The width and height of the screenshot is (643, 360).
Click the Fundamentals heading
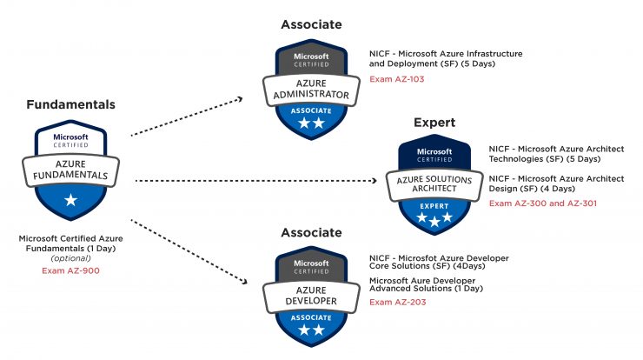click(70, 104)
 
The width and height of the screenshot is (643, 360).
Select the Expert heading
click(434, 123)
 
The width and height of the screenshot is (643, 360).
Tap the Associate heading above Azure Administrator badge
click(311, 24)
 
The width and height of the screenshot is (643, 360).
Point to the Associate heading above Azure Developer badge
click(311, 233)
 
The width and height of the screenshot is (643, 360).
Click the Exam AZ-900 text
click(70, 270)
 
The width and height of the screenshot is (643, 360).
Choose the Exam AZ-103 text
click(396, 79)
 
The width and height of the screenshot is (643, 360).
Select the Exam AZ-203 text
click(397, 302)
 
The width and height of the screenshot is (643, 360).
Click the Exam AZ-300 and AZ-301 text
click(542, 203)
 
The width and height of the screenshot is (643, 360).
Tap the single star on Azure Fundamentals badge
click(70, 200)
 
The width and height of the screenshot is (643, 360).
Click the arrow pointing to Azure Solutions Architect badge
click(255, 181)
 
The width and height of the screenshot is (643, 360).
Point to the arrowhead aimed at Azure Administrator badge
click(240, 99)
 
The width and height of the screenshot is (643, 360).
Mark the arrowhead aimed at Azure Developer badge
click(244, 281)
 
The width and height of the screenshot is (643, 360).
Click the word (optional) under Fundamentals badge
click(70, 258)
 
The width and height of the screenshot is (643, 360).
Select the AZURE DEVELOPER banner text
click(311, 296)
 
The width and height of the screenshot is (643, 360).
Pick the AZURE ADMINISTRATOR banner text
click(311, 89)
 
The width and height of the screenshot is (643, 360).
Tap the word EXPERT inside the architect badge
click(434, 206)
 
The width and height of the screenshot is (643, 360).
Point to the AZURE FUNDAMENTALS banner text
click(70, 170)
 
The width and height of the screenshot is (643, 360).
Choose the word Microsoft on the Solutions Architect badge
click(434, 151)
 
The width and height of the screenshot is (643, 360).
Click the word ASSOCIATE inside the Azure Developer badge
click(311, 317)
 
